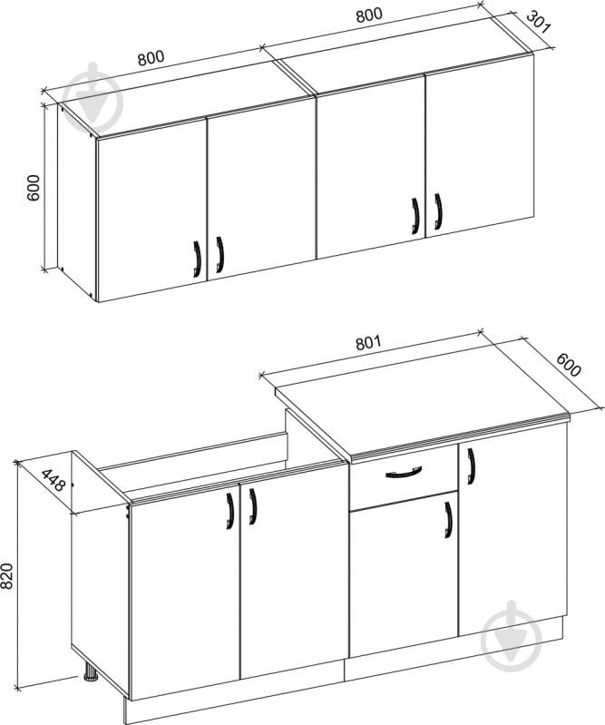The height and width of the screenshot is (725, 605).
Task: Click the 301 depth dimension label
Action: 539,23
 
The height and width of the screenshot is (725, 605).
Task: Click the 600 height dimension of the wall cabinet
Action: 34,187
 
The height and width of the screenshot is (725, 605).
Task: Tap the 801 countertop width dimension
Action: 368,343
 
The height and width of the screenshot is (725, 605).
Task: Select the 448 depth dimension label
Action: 54,480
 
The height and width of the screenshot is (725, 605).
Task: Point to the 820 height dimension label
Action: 6,576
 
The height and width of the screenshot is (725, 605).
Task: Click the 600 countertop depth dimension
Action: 568,365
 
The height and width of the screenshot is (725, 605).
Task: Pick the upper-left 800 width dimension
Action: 151,58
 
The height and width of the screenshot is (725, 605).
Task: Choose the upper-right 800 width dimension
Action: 369,15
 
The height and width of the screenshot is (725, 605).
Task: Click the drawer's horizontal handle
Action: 404,472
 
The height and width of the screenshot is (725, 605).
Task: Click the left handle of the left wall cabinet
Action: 197,259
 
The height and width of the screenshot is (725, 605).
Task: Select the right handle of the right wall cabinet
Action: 438,211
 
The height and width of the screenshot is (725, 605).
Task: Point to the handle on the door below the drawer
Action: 448,520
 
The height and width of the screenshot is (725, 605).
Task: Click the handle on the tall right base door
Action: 471,466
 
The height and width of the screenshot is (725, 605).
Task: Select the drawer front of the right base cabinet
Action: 404,477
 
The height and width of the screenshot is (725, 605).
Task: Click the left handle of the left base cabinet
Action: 229,511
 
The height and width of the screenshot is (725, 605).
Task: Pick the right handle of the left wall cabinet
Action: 220,255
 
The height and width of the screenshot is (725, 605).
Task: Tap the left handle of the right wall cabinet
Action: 415,216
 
